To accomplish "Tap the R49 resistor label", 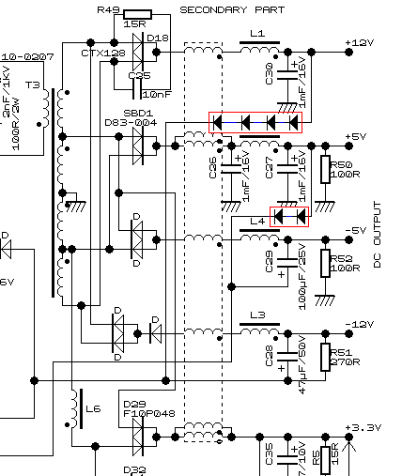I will [108, 9].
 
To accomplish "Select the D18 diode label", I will [158, 38].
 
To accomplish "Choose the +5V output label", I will [356, 137].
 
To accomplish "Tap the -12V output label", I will [360, 324].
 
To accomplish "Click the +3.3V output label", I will [364, 428].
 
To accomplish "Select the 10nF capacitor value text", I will [156, 94].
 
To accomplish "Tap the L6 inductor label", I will [92, 409].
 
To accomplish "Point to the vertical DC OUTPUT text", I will [379, 234].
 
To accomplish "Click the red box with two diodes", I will [289, 216].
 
